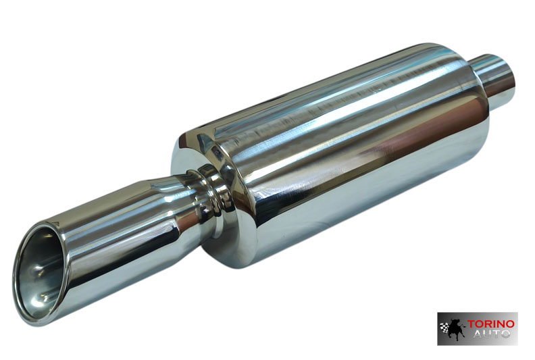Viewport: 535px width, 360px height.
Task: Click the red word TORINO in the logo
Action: pyautogui.click(x=490, y=324)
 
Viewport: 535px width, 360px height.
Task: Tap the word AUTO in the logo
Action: pyautogui.click(x=492, y=333)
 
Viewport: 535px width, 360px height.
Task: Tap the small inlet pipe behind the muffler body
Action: pyautogui.click(x=494, y=76)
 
